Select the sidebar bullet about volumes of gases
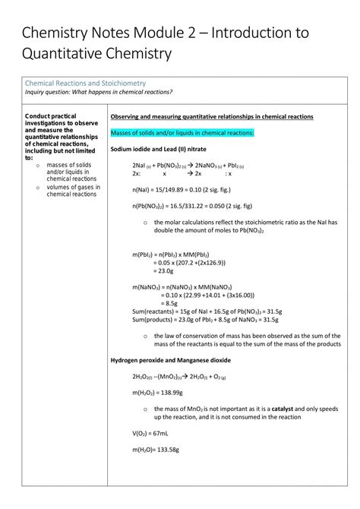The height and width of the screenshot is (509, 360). pyautogui.click(x=71, y=190)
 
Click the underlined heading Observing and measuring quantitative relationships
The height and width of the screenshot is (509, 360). pyautogui.click(x=207, y=117)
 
